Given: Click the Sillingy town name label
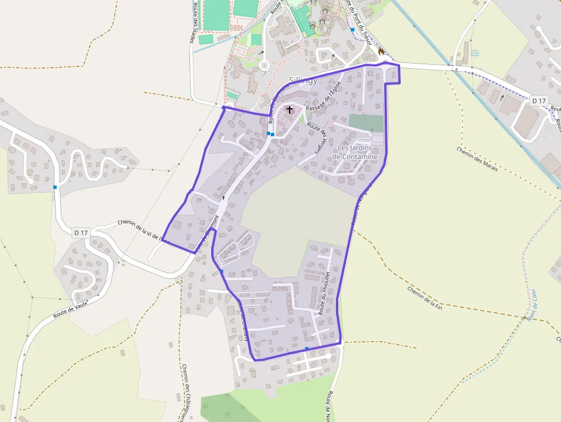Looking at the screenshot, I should pyautogui.click(x=303, y=81).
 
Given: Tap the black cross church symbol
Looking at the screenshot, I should pyautogui.click(x=290, y=109).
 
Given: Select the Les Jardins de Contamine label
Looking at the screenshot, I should pyautogui.click(x=355, y=152).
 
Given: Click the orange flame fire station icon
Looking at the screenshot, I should pyautogui.click(x=381, y=52).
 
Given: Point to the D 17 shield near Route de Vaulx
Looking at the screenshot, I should pyautogui.click(x=82, y=232).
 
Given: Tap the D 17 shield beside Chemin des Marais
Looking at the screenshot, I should pyautogui.click(x=539, y=101).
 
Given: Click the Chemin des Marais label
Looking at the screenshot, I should pyautogui.click(x=477, y=159).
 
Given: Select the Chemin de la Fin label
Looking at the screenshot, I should pyautogui.click(x=425, y=298).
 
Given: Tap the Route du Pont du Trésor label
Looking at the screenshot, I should pyautogui.click(x=359, y=23).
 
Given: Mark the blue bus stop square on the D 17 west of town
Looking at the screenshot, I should pyautogui.click(x=56, y=187).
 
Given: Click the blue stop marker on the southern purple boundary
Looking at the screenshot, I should pyautogui.click(x=307, y=348).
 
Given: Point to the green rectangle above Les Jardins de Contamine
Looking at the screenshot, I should pyautogui.click(x=366, y=123).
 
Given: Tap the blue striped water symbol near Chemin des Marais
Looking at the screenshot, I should pyautogui.click(x=475, y=53).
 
